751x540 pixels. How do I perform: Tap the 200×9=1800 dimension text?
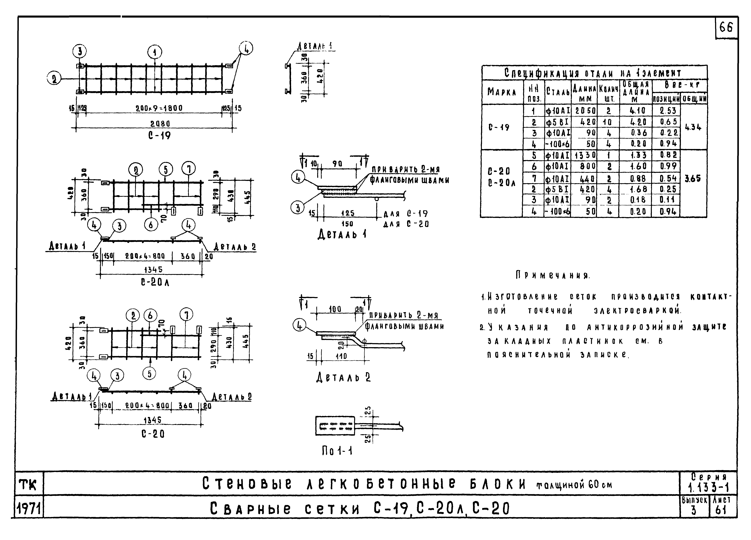point(159,108)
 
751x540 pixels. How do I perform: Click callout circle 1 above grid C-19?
point(155,52)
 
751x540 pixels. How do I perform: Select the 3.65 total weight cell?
point(693,179)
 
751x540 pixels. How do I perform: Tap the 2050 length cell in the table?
point(585,111)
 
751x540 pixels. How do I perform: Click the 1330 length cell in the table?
point(585,155)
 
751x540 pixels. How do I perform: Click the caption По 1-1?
point(337,451)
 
